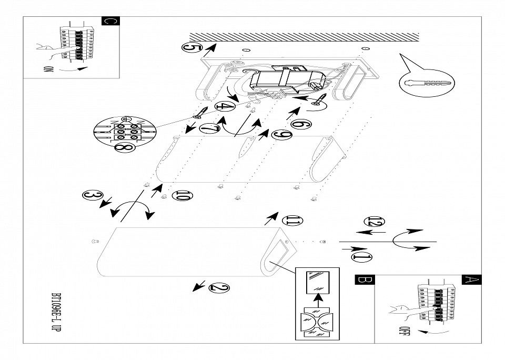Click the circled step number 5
click(192, 48)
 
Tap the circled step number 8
click(125, 147)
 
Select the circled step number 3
click(93, 195)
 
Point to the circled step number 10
click(183, 196)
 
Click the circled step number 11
click(292, 221)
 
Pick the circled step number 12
click(374, 222)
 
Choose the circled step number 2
click(219, 288)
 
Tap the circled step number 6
click(301, 124)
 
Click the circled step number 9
click(282, 135)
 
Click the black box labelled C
click(110, 21)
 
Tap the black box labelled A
click(471, 280)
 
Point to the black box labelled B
click(365, 280)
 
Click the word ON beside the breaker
click(48, 69)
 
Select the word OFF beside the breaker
click(402, 331)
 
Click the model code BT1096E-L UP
click(56, 312)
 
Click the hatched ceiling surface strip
click(304, 37)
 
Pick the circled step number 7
click(210, 128)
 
